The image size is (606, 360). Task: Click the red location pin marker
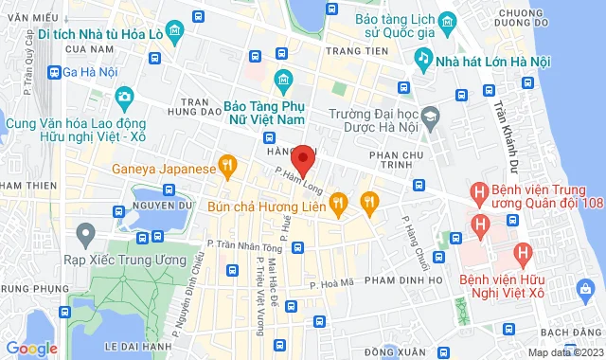point(303,158)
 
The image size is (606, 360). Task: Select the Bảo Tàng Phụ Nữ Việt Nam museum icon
point(281,79)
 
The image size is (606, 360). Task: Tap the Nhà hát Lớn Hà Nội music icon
point(423,59)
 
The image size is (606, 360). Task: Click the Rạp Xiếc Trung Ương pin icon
point(86,231)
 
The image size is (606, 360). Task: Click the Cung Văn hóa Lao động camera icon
point(124,97)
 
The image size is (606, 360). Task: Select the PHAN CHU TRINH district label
point(398,155)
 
